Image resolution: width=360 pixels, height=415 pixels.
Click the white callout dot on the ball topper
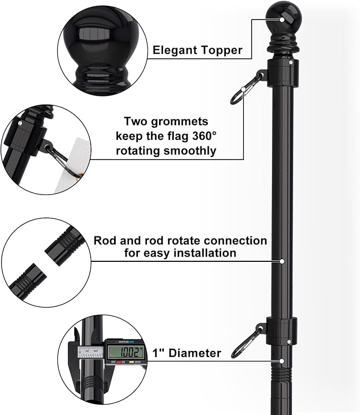tap(282, 20)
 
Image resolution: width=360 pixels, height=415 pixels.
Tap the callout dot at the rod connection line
tap(282, 261)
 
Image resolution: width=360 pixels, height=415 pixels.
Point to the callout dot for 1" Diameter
tap(282, 361)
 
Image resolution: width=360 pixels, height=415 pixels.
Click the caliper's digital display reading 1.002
tap(126, 352)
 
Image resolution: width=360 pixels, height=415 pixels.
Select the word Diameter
tap(195, 353)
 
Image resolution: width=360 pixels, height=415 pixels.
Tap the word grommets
tap(180, 122)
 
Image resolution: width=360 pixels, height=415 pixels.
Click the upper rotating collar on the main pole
tap(283, 73)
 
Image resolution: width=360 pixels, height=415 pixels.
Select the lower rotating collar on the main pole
tap(282, 331)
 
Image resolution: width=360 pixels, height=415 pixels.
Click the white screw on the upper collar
tap(291, 63)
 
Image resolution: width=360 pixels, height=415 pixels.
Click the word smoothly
tap(190, 151)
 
